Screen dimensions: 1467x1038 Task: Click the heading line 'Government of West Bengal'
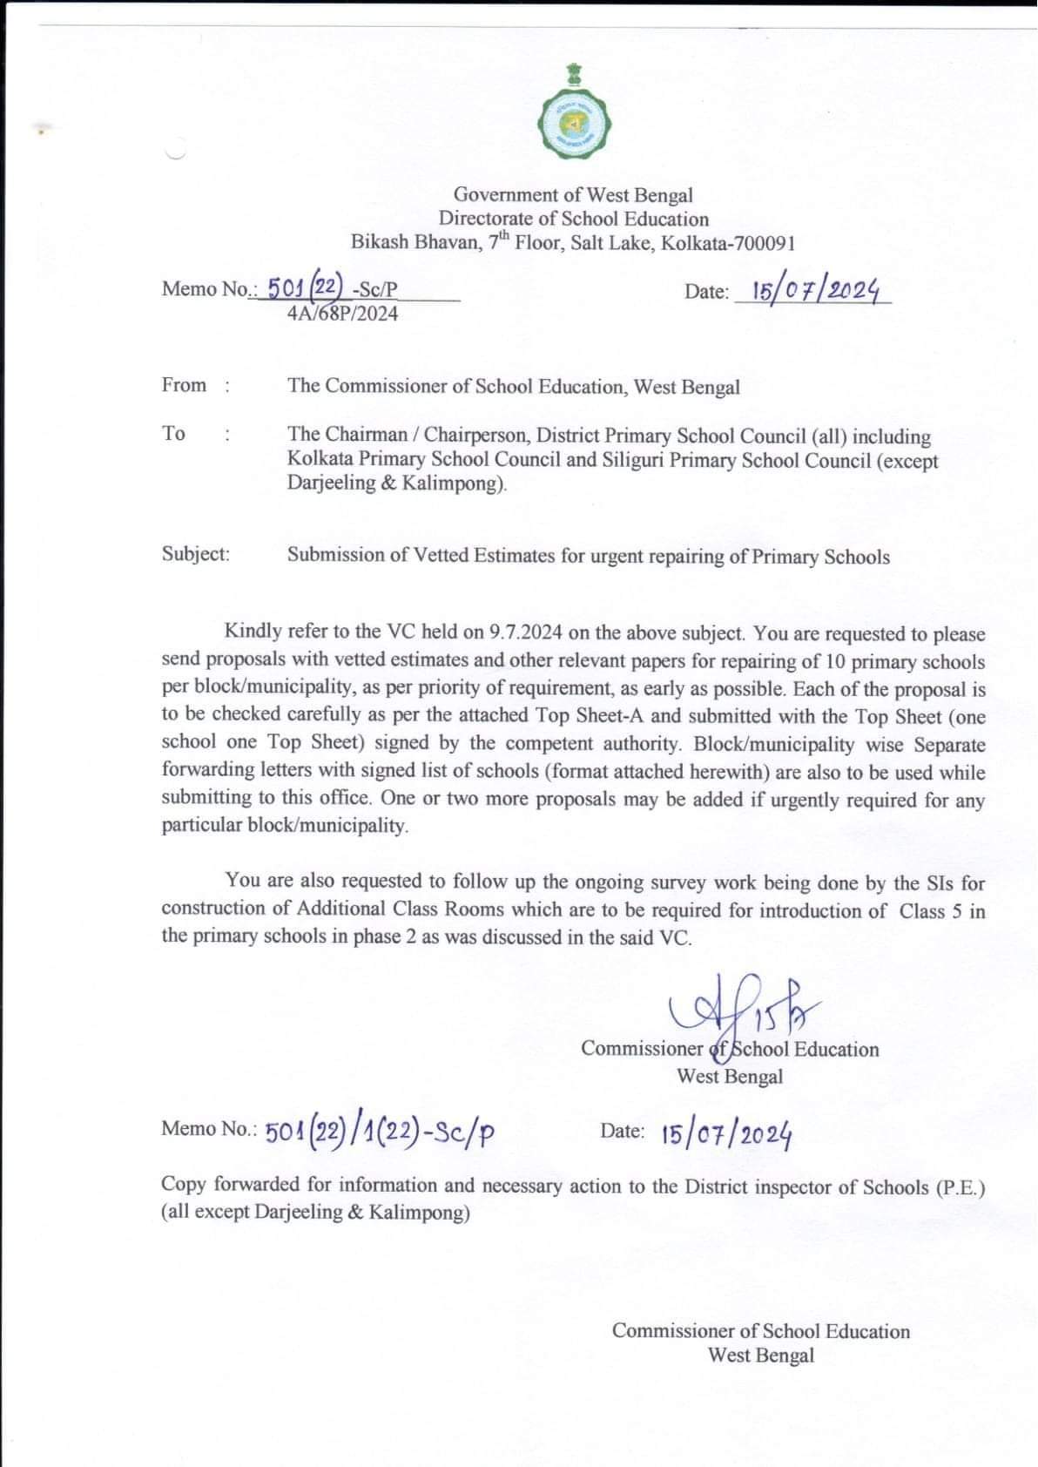coord(573,195)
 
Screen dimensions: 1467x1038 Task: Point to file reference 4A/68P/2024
coord(342,314)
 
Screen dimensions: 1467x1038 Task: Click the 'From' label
coord(185,385)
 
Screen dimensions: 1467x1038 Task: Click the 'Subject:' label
coord(196,554)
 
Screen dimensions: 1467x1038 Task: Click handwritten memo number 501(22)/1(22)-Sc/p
coord(380,1132)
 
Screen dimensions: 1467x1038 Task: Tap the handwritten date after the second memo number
coord(726,1134)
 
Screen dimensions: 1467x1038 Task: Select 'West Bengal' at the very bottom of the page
coord(761,1355)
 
